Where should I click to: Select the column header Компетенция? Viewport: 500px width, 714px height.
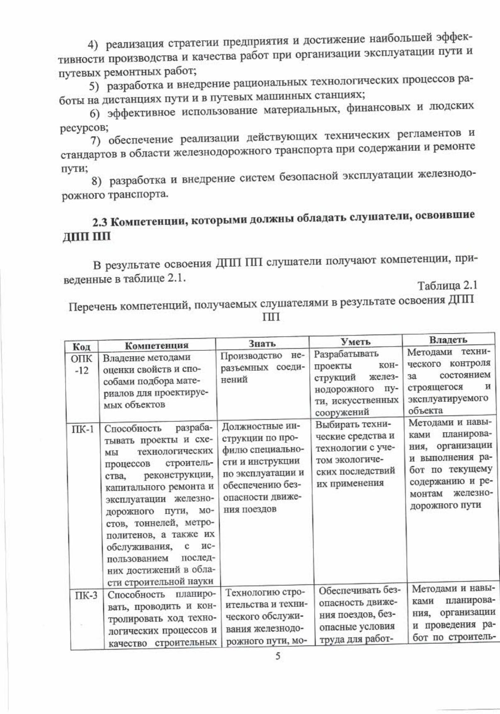[156, 345]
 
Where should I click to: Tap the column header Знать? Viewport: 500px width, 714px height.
[262, 343]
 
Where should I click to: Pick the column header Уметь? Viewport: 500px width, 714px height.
[355, 342]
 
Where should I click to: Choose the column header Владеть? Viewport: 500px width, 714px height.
[448, 340]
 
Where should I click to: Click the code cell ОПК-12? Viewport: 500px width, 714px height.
[81, 364]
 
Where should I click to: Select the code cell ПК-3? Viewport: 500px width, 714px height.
[86, 596]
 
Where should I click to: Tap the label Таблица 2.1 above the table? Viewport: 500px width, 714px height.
[447, 286]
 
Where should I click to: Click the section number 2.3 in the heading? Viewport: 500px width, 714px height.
[100, 222]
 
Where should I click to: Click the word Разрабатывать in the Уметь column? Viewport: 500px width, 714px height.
[346, 354]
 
